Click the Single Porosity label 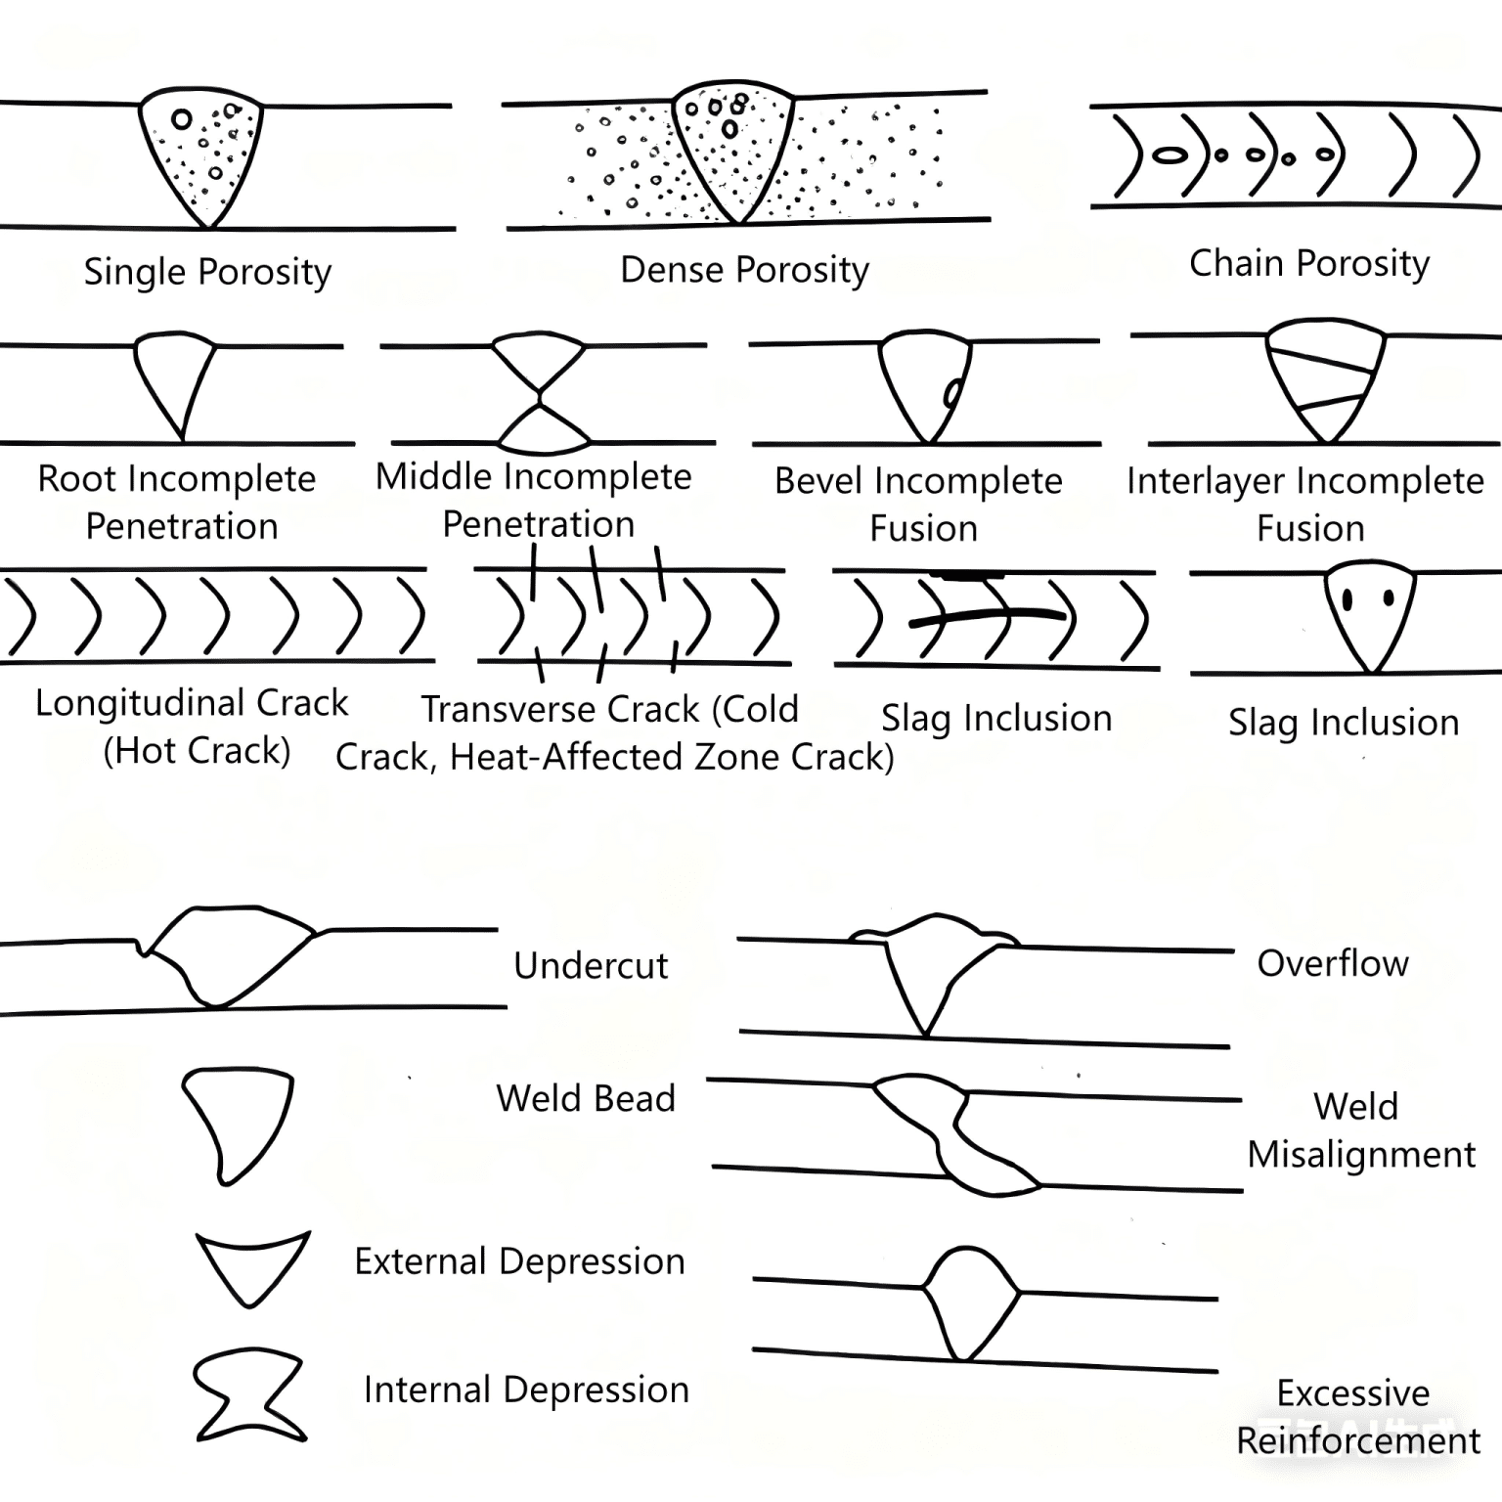tap(207, 272)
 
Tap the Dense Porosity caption tap(744, 270)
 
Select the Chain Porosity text tap(1308, 264)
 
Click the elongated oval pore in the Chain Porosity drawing tap(1170, 155)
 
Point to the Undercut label tap(591, 966)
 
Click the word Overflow tap(1332, 964)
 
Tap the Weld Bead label tap(586, 1099)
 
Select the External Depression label tap(519, 1261)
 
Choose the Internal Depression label tap(526, 1390)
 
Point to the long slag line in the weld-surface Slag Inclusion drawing tap(988, 616)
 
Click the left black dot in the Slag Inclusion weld tap(1348, 599)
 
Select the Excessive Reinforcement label tap(1357, 1417)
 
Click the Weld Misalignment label tap(1361, 1130)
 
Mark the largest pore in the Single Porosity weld tap(181, 119)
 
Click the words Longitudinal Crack tap(192, 704)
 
